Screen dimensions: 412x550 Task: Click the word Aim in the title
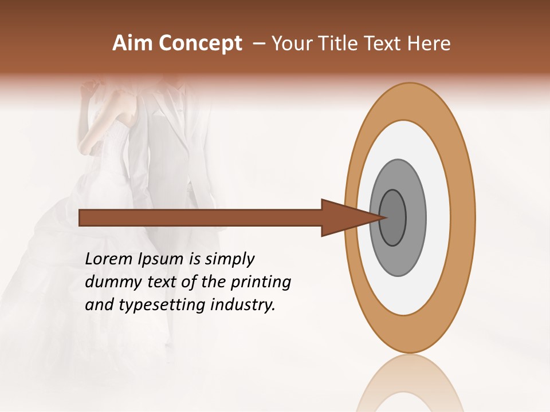click(133, 43)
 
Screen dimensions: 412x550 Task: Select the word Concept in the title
click(200, 43)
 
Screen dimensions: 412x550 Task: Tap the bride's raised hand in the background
click(89, 89)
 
